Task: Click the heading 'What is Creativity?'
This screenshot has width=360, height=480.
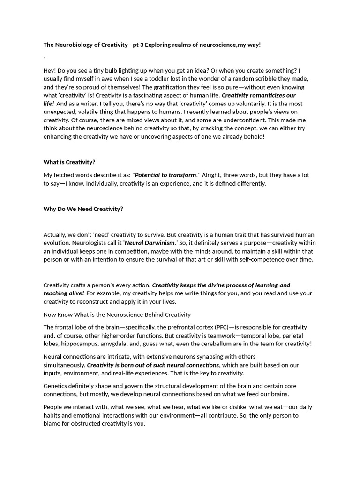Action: point(69,162)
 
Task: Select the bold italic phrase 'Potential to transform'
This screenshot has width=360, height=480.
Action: point(165,175)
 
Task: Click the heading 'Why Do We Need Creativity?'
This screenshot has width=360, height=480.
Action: point(83,209)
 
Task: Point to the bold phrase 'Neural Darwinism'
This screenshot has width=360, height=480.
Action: point(150,243)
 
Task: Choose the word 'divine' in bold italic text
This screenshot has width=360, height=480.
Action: point(222,285)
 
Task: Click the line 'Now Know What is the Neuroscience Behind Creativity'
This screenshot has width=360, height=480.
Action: point(117,315)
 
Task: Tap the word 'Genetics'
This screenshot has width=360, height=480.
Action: point(56,386)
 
